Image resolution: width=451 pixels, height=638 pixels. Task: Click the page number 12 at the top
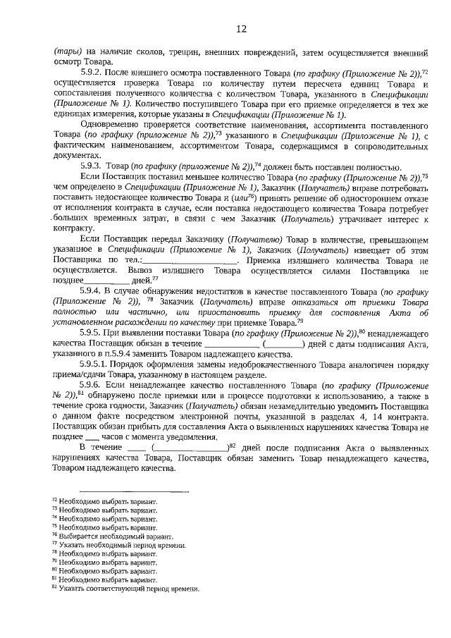(241, 29)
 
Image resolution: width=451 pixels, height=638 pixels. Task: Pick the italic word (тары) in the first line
(66, 52)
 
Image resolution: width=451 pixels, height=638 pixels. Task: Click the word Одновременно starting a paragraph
(111, 124)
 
